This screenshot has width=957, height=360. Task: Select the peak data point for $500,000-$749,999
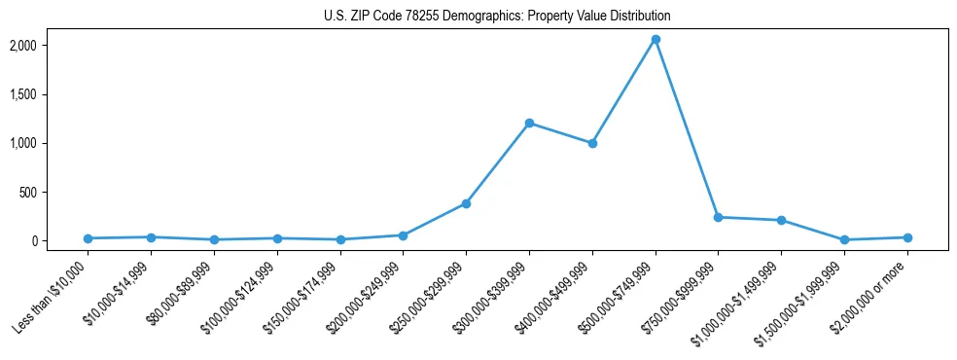coord(656,40)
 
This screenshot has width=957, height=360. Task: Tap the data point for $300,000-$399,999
coord(529,123)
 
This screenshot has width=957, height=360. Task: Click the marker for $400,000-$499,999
coord(592,143)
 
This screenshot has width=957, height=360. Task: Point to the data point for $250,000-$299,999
coord(466,203)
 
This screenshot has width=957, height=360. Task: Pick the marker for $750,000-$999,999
coord(718,217)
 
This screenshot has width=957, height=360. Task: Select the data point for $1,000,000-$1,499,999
coord(781,220)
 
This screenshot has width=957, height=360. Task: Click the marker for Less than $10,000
coord(89,238)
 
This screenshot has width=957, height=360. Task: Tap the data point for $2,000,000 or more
coord(907,237)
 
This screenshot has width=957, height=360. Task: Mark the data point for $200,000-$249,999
coord(403,235)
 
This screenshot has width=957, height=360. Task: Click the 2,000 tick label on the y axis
coord(50,46)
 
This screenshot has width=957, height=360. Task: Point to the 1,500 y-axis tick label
coord(50,94)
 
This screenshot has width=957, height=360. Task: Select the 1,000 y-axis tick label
coord(50,143)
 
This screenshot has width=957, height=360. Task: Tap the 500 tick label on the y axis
coord(54,192)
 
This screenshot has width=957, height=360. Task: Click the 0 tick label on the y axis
coord(60,240)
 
